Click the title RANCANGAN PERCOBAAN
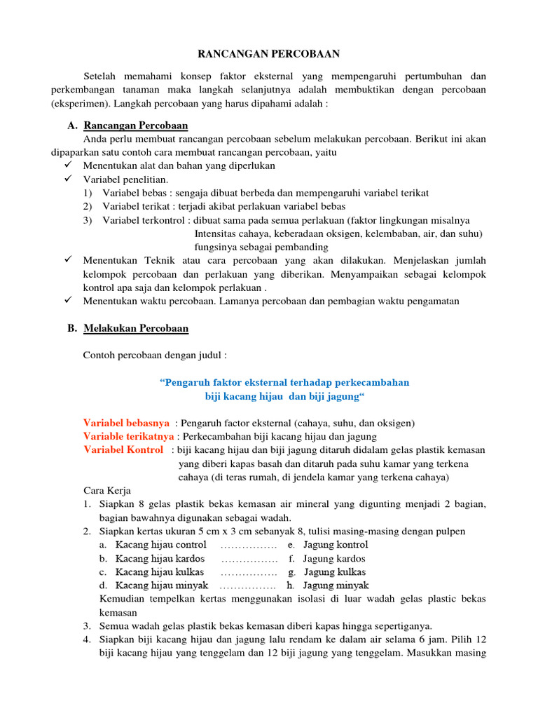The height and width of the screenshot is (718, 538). tap(269, 53)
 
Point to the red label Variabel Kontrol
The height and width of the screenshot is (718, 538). tap(123, 449)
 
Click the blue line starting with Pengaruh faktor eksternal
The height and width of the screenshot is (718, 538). tap(284, 382)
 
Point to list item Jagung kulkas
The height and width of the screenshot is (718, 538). tap(335, 572)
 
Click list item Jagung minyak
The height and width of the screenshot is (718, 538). tap(336, 585)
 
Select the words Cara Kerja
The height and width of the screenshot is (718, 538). tap(107, 490)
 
